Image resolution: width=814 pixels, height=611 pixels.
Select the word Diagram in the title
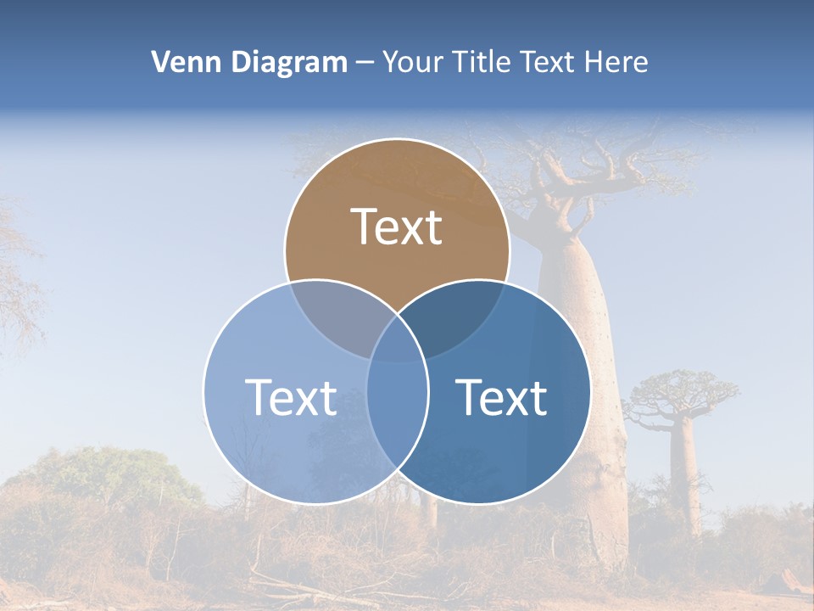(288, 62)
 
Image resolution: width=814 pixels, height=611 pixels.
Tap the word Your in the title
(414, 62)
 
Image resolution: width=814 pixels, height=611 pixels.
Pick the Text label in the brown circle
(397, 227)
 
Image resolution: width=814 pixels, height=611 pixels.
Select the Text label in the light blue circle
(291, 397)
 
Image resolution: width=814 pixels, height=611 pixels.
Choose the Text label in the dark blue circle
(502, 397)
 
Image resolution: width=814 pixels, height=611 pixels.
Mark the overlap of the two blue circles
(397, 407)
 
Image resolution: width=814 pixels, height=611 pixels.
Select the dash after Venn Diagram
(365, 63)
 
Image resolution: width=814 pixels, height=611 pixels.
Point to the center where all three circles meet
(397, 339)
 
